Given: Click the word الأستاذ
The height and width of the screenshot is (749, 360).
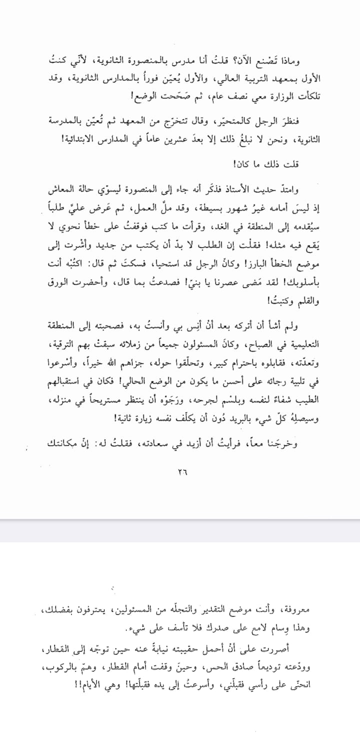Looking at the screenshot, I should [x=240, y=190].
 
